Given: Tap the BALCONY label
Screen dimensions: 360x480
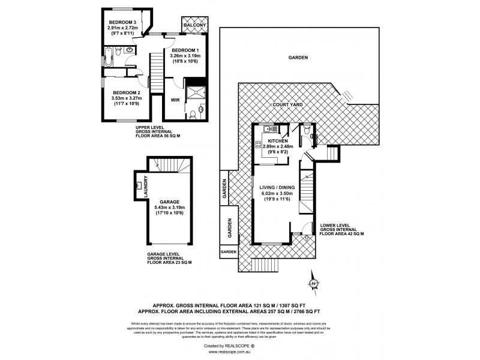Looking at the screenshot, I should [193, 26].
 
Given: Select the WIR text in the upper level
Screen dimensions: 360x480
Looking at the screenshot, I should [175, 100].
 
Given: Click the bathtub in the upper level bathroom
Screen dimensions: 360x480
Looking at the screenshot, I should [108, 57].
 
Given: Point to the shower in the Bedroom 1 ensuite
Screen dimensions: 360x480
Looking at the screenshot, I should [194, 92].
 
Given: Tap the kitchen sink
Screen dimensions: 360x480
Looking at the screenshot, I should [268, 129].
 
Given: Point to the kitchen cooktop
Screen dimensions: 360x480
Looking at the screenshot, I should [257, 144].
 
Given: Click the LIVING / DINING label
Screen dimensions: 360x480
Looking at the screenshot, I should [277, 187].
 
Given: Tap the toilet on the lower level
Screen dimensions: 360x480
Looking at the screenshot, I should [307, 128].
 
